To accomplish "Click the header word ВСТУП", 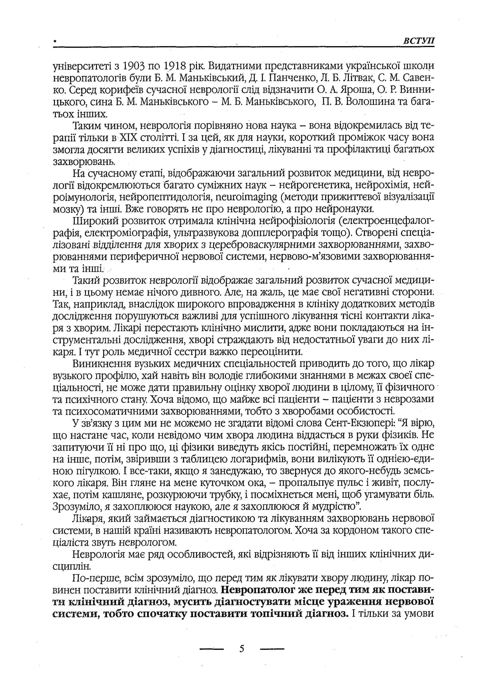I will click(419, 41).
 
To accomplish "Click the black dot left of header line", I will click(55, 43).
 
